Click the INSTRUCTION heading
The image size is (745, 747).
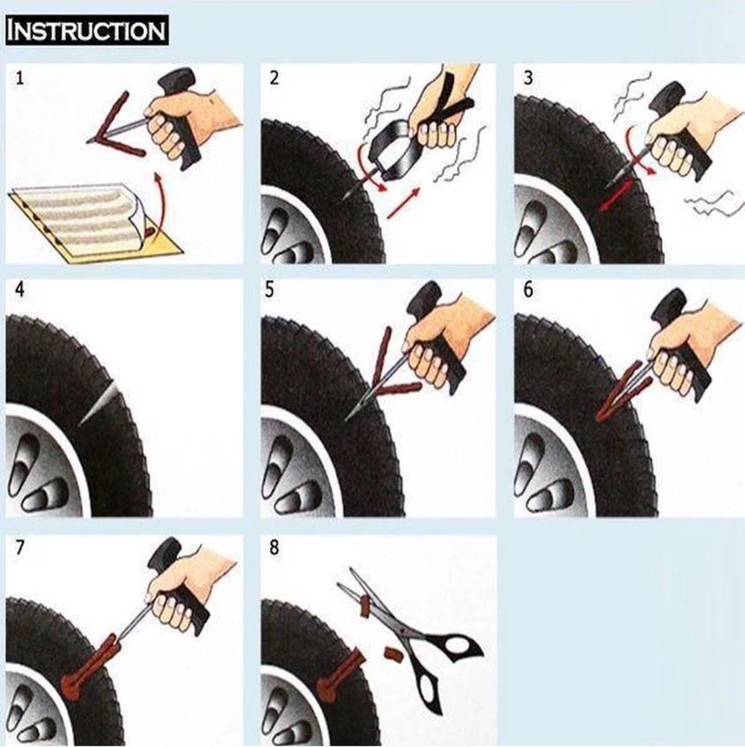pos(86,31)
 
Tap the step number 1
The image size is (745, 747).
pos(21,78)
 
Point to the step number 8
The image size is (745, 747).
pos(274,548)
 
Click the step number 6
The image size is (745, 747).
pos(528,291)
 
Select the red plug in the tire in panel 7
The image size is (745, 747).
pos(87,666)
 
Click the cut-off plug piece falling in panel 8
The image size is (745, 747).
pos(391,654)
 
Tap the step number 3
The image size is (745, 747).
pos(528,79)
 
